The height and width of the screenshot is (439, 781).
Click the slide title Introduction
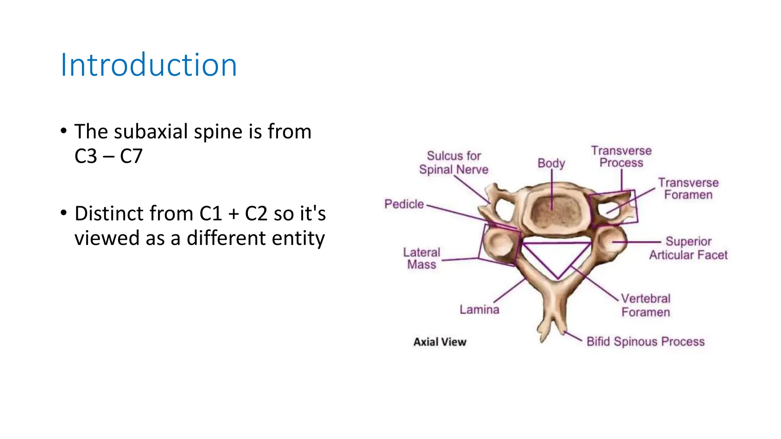click(x=149, y=65)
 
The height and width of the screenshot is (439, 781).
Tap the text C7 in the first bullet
click(x=131, y=156)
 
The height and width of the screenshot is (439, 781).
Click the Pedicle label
click(x=404, y=204)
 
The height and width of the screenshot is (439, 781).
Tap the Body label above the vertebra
click(x=551, y=163)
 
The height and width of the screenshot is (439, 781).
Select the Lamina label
click(x=479, y=309)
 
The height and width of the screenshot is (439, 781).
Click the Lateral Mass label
click(x=421, y=258)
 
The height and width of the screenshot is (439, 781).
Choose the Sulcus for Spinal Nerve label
click(x=454, y=163)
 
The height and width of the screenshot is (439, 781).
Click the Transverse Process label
click(x=621, y=157)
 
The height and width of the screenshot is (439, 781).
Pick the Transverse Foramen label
click(x=688, y=189)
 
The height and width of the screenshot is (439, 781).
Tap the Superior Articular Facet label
click(x=688, y=248)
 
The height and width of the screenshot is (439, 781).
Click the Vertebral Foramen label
click(x=646, y=305)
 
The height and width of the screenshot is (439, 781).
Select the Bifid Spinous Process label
click(x=646, y=341)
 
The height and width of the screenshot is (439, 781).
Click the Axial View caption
click(x=440, y=342)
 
